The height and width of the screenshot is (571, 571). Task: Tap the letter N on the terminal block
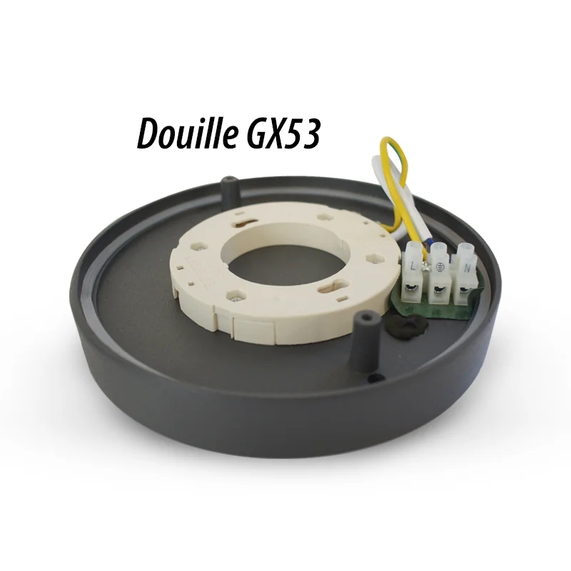[466, 269]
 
